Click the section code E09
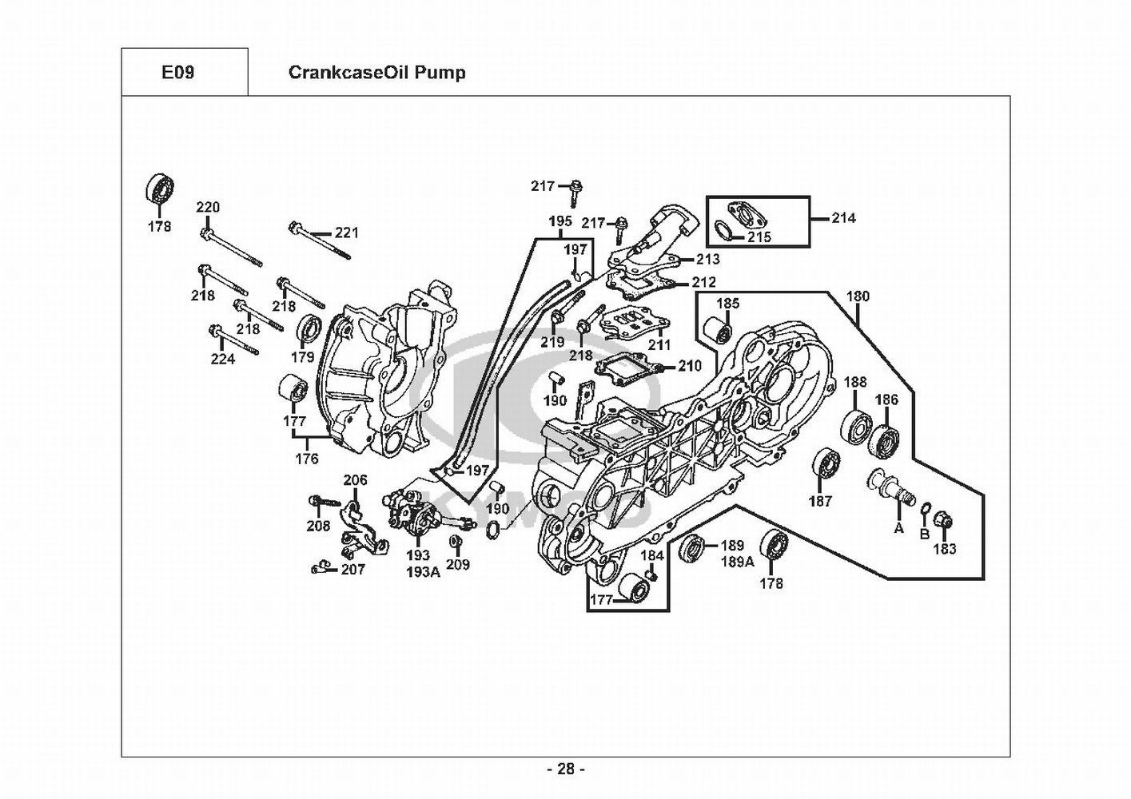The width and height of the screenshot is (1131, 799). click(177, 73)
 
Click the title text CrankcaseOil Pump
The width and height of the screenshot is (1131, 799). click(376, 73)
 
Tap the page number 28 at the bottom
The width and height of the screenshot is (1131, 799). click(566, 769)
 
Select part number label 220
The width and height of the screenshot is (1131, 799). click(208, 208)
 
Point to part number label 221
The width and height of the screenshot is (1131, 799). click(347, 233)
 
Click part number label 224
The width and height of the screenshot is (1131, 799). click(223, 360)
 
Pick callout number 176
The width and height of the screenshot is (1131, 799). click(307, 459)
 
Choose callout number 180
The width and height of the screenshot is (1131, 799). click(858, 296)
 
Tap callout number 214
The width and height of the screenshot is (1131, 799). click(843, 217)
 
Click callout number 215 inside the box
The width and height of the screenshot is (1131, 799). click(759, 237)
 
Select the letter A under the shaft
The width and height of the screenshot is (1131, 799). click(898, 528)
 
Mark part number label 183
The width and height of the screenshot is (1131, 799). click(945, 549)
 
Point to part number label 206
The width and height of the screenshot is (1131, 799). click(356, 480)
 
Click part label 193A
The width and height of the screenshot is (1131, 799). click(423, 571)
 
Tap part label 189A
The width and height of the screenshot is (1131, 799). click(738, 561)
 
